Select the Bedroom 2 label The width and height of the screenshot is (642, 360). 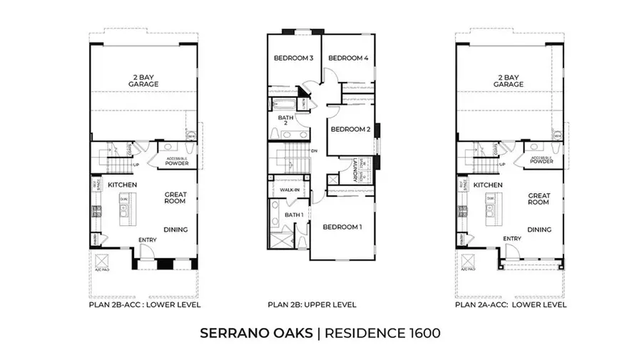coord(350,130)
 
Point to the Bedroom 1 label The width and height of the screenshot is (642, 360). coord(342,227)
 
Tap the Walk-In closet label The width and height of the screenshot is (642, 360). coord(288,191)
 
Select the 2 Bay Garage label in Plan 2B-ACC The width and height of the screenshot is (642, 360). coord(144,81)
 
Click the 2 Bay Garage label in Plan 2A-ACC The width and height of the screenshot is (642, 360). coord(508,81)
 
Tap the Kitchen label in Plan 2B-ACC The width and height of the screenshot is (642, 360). coord(122,185)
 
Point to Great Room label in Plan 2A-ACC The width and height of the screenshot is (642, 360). coord(539,198)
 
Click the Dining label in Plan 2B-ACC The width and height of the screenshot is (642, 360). coord(175,230)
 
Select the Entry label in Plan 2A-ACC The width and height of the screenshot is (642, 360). coord(511,239)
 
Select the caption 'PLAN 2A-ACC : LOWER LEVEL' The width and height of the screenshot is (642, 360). coord(511,305)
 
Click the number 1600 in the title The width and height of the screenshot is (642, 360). coord(419,333)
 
